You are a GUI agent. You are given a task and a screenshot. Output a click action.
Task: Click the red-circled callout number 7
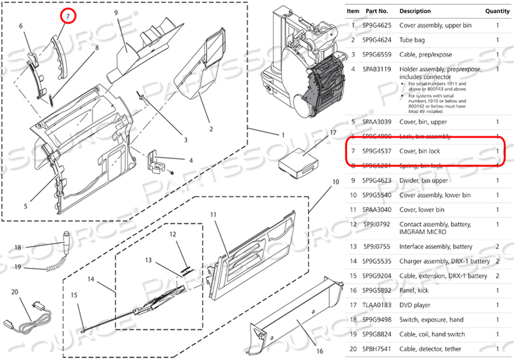click(68, 14)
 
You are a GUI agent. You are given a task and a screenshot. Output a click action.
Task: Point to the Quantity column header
click(497, 11)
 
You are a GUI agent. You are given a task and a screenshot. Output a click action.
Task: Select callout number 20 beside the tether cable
click(16, 292)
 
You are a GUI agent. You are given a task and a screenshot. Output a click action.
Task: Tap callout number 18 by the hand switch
click(18, 248)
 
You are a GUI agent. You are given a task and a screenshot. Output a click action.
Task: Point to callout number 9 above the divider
click(116, 13)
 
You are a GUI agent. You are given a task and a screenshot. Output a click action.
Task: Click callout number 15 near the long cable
click(74, 295)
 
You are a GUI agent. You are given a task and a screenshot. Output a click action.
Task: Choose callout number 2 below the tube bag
click(211, 129)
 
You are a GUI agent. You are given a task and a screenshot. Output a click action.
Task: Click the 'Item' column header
click(353, 11)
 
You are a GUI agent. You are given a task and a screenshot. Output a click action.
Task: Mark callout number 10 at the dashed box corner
click(335, 182)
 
